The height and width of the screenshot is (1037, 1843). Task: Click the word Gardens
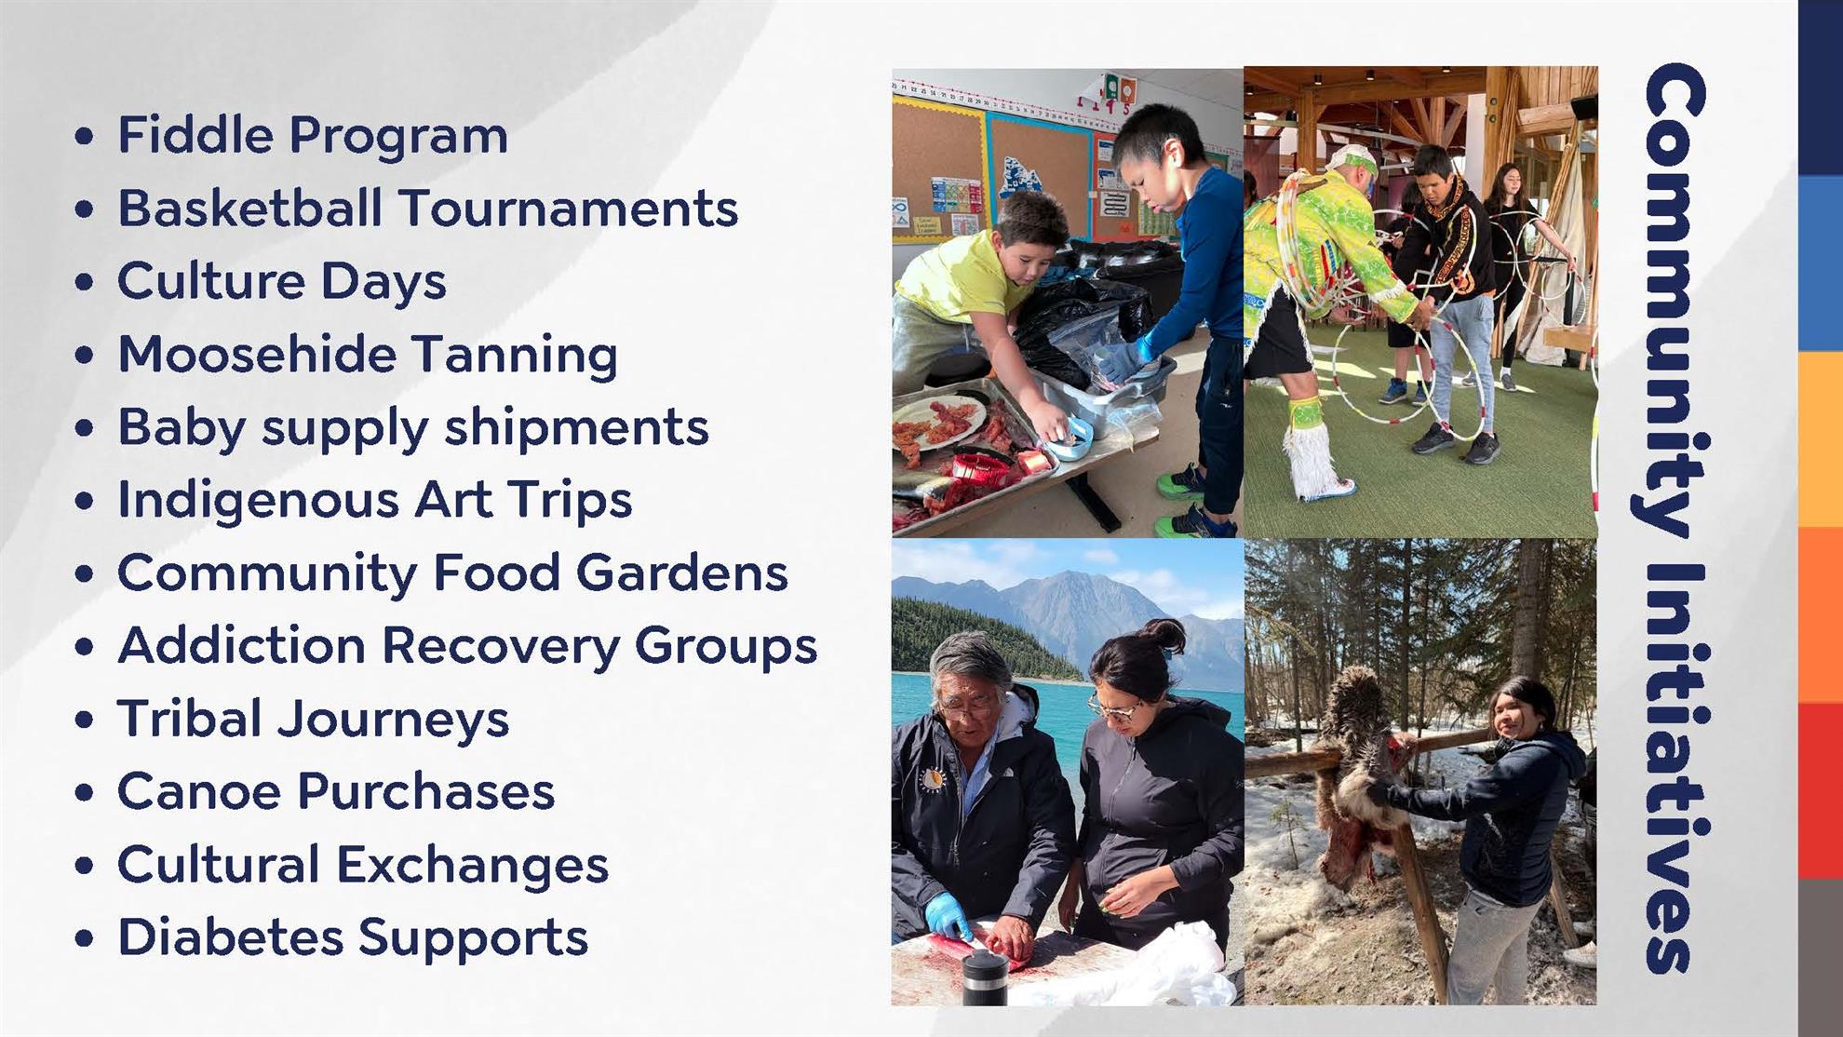pyautogui.click(x=682, y=572)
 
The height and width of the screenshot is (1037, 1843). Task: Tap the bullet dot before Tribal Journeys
pyautogui.click(x=85, y=721)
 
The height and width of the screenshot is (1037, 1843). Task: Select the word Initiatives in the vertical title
pyautogui.click(x=1675, y=768)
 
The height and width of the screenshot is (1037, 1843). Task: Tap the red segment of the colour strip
pyautogui.click(x=1821, y=790)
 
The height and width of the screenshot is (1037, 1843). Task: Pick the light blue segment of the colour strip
pyautogui.click(x=1821, y=263)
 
